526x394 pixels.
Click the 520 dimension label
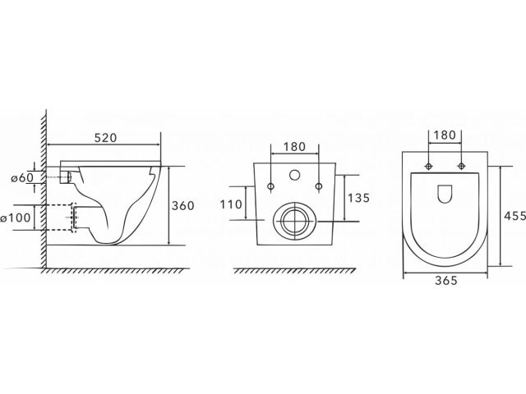(x=106, y=138)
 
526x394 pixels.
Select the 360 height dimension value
(x=182, y=206)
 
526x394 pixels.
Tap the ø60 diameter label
(x=22, y=178)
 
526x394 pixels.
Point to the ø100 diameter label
(x=16, y=218)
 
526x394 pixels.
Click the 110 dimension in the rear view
(x=231, y=204)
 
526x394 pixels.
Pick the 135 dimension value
(x=358, y=198)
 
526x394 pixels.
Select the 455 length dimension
(x=515, y=216)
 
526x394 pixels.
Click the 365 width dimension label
(x=446, y=280)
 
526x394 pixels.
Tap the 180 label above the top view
(x=445, y=135)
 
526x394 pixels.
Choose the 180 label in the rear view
(x=294, y=147)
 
